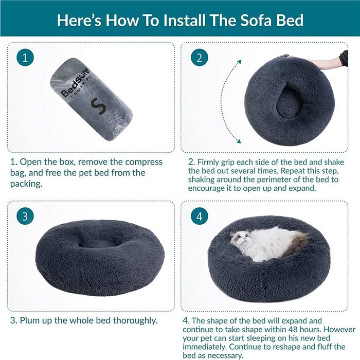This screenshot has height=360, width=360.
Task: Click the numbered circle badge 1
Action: tap(25, 58)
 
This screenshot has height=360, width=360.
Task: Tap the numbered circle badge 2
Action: tap(200, 58)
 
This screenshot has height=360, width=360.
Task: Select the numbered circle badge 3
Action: tap(25, 217)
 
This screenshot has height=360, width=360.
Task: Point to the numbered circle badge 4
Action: tap(200, 217)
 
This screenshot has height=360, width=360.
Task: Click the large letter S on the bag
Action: tap(98, 106)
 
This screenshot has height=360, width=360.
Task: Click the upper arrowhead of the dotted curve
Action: tap(239, 62)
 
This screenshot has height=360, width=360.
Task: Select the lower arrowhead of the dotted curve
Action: tap(239, 141)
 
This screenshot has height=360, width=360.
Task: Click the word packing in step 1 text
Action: tap(26, 184)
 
